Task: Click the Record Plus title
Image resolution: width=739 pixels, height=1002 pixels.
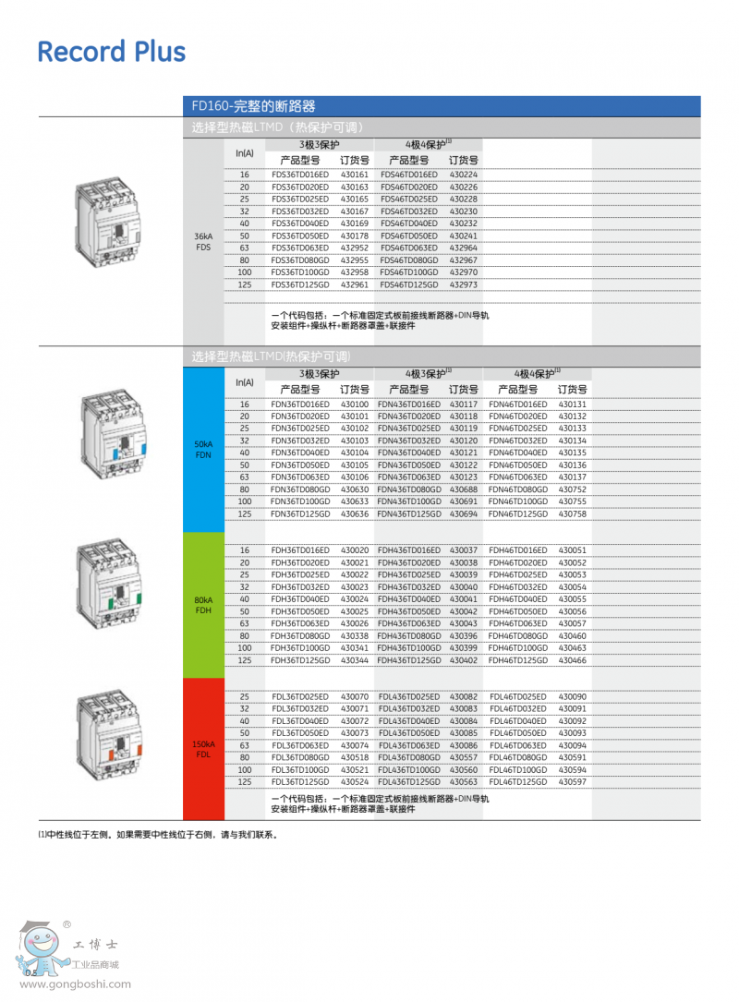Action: point(111,52)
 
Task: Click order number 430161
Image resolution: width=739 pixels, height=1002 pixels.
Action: point(354,175)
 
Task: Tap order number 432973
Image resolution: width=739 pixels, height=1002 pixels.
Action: point(464,284)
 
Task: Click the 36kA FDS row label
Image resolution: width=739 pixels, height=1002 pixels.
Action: point(203,242)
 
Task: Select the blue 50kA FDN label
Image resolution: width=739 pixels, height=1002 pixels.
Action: point(203,450)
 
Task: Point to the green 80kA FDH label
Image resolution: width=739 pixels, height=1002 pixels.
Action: point(203,605)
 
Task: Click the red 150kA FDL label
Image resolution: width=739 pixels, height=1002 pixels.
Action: point(203,749)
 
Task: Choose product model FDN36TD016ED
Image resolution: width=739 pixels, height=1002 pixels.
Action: point(299,404)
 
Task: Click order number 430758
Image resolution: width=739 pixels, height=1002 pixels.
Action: point(573,513)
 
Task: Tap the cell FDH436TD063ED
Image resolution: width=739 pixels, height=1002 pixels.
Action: point(409,623)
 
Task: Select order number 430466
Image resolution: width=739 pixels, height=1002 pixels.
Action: point(573,660)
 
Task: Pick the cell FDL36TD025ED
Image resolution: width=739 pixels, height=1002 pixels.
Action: point(299,696)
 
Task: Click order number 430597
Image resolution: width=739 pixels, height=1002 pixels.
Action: point(573,781)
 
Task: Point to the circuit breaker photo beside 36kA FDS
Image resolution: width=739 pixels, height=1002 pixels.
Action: point(110,222)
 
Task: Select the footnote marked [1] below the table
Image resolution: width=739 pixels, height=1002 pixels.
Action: point(157,834)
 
